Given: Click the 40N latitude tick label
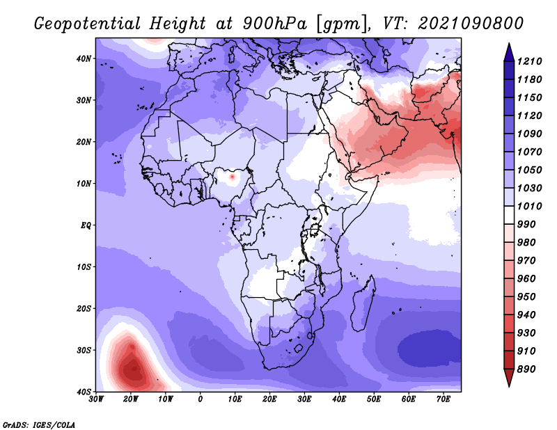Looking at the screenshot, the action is click(84, 58).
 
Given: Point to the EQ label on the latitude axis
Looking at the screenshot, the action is click(86, 225).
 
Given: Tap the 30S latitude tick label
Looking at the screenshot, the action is click(84, 350).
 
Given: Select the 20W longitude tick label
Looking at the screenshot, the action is click(130, 399).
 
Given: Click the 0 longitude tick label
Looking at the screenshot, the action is click(201, 399).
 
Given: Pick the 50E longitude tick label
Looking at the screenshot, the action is click(374, 399).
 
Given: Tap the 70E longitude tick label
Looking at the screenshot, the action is click(444, 399).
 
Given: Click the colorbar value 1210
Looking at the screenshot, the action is click(529, 61).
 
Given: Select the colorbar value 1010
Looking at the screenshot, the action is click(529, 206).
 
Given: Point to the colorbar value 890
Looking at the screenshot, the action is click(526, 369).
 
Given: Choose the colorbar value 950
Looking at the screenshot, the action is click(526, 297).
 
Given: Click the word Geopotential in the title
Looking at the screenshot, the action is click(88, 24).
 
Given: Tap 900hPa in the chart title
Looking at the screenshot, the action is click(274, 24).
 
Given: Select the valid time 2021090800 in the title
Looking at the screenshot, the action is click(471, 24).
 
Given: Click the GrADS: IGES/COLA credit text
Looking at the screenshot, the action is click(39, 424).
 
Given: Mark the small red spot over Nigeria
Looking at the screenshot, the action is click(233, 176).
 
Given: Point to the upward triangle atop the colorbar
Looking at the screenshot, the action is click(509, 52).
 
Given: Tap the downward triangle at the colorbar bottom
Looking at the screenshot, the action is click(509, 377).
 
